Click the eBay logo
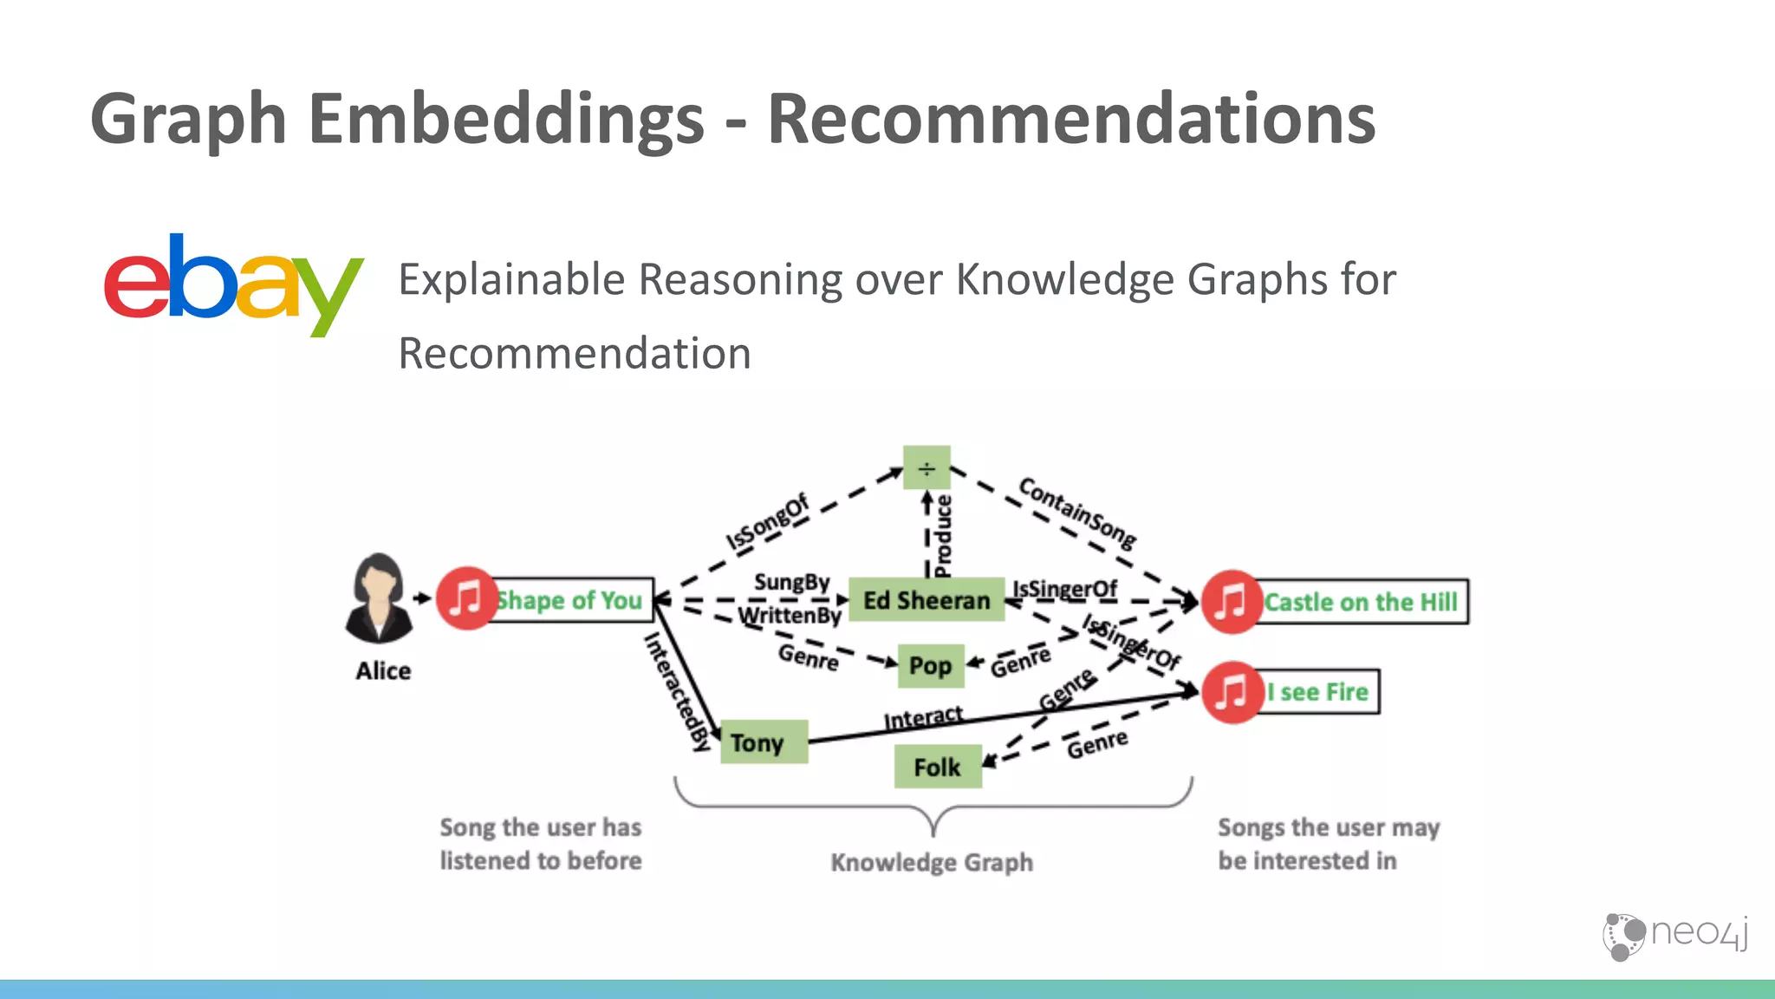pos(232,284)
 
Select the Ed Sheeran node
pos(926,600)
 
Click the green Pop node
pos(930,666)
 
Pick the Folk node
pos(937,767)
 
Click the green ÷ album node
pos(927,469)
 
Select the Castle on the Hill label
pos(1361,602)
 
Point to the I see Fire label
pos(1317,692)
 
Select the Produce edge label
pos(943,536)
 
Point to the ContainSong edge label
pos(1077,512)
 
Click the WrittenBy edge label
pos(789,616)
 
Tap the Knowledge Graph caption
pos(932,863)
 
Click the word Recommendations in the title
pos(1071,120)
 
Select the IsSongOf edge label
pos(766,522)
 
